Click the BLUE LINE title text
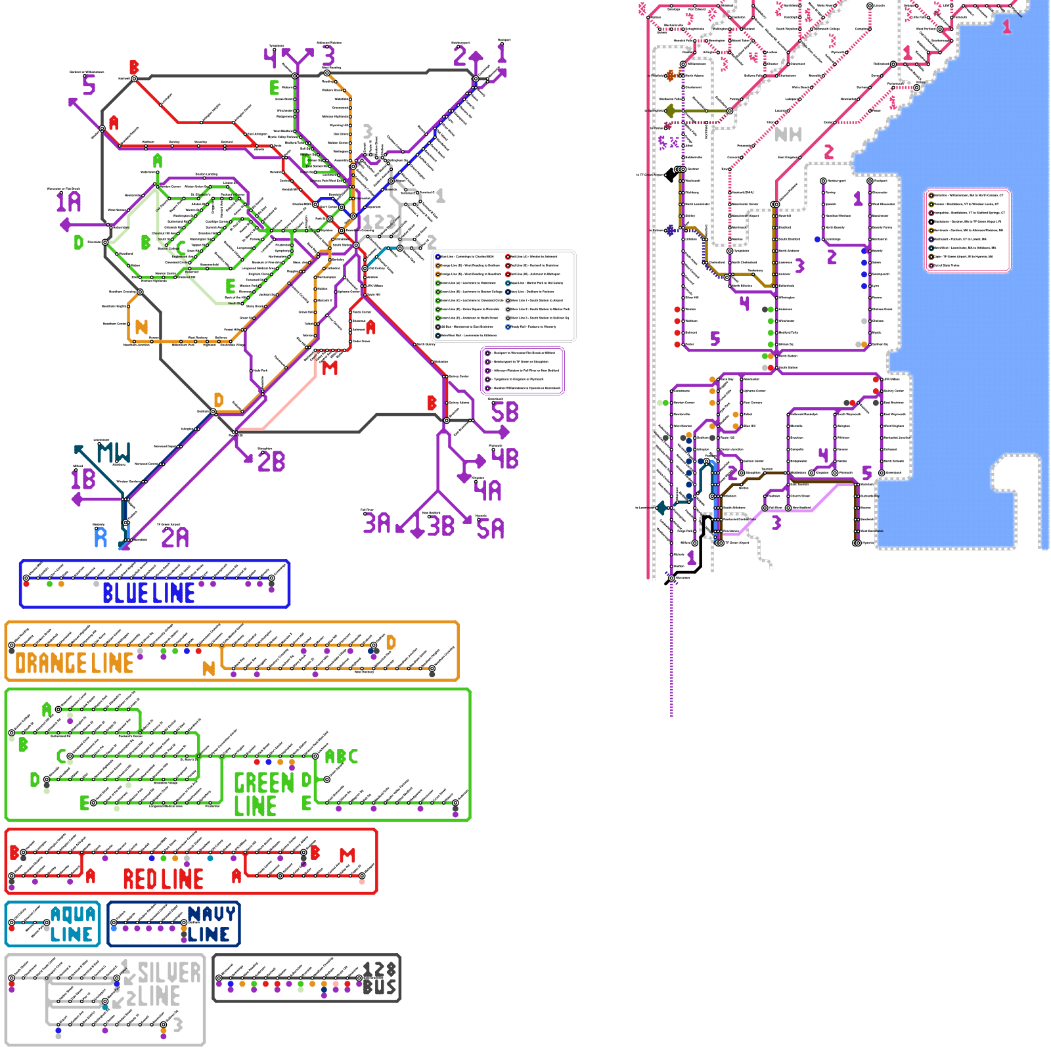(x=148, y=593)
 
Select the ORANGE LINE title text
(x=74, y=663)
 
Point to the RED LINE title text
(x=163, y=879)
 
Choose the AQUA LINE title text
(x=72, y=924)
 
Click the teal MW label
(x=114, y=453)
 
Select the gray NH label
(x=788, y=135)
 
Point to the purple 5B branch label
(x=504, y=413)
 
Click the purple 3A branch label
(x=376, y=523)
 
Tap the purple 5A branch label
(x=490, y=528)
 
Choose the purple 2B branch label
(x=271, y=461)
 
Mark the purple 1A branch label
(x=69, y=202)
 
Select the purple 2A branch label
(x=175, y=537)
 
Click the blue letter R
(x=101, y=537)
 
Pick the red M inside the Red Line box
(x=347, y=855)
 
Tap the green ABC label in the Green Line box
(x=342, y=757)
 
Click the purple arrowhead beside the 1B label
(x=76, y=500)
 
